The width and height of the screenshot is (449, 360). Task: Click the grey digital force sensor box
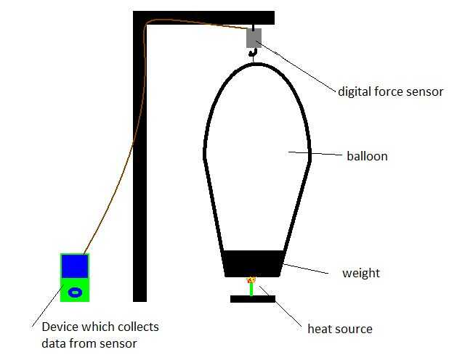click(254, 38)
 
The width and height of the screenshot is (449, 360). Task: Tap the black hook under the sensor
click(253, 52)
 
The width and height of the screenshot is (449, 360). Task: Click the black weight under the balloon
click(253, 263)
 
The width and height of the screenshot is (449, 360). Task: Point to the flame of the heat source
click(252, 279)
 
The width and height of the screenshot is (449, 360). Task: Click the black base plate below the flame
click(252, 298)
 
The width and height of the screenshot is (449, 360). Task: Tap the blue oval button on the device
click(74, 292)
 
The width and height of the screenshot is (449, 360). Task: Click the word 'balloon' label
click(367, 156)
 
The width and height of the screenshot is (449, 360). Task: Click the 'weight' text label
click(361, 274)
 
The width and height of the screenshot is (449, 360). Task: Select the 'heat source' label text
click(340, 330)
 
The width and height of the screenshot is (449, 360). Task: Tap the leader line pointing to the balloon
click(315, 154)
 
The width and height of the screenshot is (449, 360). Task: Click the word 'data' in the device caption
click(54, 343)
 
